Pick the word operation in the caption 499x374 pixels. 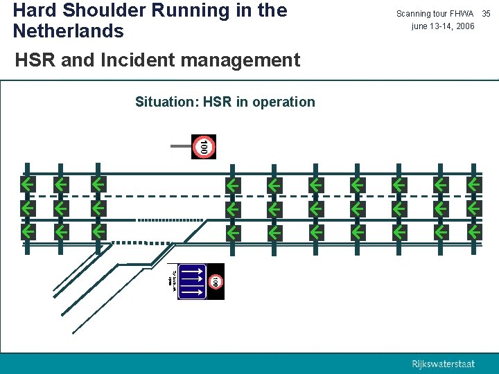click(x=283, y=103)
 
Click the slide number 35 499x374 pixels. click(x=486, y=14)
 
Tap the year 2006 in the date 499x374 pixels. click(x=462, y=26)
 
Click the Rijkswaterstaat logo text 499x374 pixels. click(x=444, y=364)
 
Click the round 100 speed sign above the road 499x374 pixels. click(x=203, y=147)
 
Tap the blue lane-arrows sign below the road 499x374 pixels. click(x=193, y=281)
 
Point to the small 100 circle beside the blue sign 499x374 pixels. click(x=216, y=281)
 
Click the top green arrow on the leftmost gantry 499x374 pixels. click(x=28, y=185)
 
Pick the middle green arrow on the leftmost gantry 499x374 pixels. click(x=28, y=208)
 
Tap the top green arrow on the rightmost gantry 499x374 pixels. click(x=474, y=185)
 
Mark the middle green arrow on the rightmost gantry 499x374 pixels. click(x=474, y=208)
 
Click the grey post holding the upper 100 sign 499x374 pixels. click(x=181, y=146)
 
